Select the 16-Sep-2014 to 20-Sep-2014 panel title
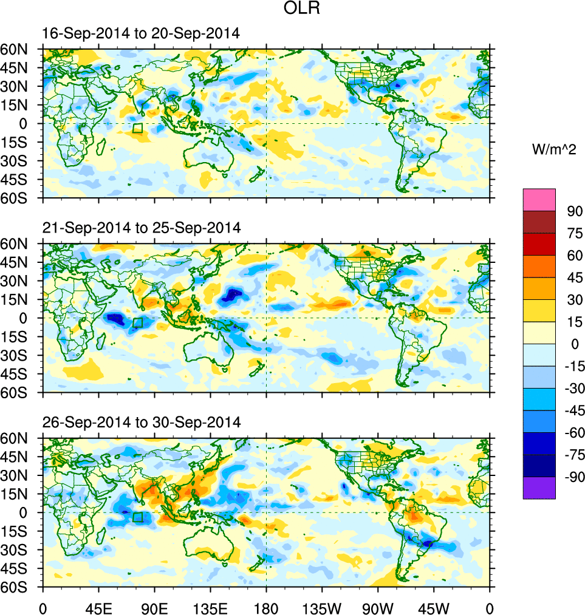click(x=141, y=34)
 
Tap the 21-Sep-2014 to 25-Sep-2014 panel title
click(x=142, y=228)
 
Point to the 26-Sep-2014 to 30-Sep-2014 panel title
click(x=142, y=421)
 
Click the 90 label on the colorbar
click(x=575, y=211)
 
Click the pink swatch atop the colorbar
click(x=539, y=199)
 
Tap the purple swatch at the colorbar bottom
click(x=539, y=488)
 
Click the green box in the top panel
click(x=137, y=127)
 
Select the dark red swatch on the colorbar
click(x=539, y=222)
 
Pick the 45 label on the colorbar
click(x=575, y=278)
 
